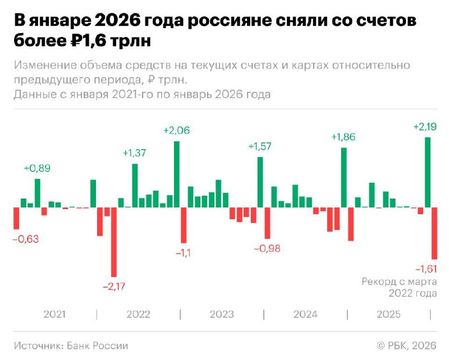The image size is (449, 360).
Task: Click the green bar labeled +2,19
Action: coord(428,172)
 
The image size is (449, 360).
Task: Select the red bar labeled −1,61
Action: coord(434,233)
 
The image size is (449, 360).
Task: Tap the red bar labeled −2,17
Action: coord(114,242)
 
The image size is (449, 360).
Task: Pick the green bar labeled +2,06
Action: coord(176,174)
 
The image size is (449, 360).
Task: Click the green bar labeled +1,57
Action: coord(260,182)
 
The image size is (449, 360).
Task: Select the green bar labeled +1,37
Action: coord(135,186)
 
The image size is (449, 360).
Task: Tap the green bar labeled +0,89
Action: coord(38,193)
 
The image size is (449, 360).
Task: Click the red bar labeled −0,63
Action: coord(16,218)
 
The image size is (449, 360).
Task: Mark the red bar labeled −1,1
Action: coord(184,225)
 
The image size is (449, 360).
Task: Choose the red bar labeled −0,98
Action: coord(267,223)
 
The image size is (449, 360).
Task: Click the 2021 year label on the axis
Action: coord(54,314)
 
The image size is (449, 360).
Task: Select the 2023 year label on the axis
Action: coord(222,314)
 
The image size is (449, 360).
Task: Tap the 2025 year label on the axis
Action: coord(388,314)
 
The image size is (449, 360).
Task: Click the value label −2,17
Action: coord(114,287)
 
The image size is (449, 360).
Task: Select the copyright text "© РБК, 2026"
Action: coord(406,346)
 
